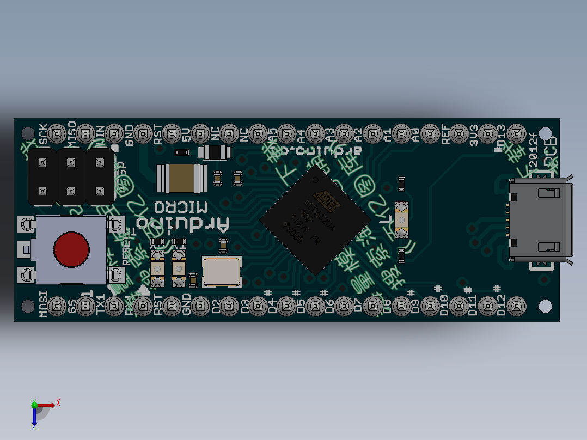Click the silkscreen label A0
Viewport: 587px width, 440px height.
416,135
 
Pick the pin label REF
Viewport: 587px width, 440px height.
445,134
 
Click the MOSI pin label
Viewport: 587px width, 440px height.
43,304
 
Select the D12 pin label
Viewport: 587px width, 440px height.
502,305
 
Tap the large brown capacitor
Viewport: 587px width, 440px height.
182,179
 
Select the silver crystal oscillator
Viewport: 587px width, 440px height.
221,271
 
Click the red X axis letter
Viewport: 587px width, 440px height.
58,402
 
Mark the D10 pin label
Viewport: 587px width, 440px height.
444,305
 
